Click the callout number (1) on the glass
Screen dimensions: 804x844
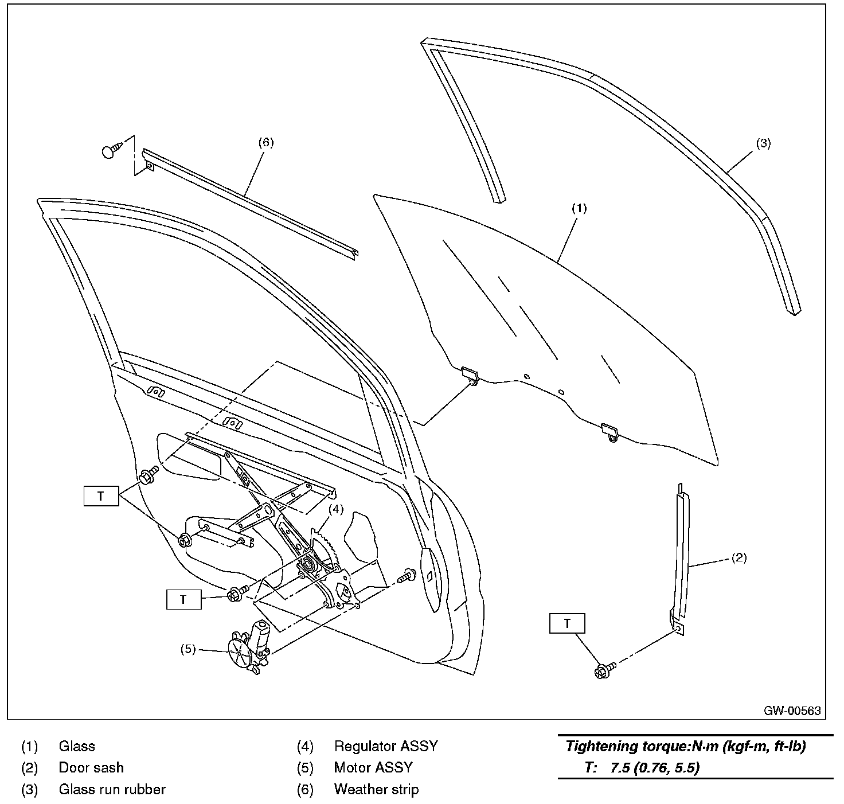579,209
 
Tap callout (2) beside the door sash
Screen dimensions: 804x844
739,557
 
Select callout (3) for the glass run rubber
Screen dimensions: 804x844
763,143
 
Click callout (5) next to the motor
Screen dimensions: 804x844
188,649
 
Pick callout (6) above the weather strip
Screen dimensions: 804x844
265,143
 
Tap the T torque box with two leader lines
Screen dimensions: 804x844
101,496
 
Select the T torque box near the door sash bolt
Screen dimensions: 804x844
567,623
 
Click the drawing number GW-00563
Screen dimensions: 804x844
792,711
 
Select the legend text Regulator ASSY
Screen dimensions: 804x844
385,746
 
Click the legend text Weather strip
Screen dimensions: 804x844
376,789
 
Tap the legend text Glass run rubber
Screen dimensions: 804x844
112,789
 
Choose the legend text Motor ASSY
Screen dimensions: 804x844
373,767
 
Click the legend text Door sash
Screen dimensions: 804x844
91,767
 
